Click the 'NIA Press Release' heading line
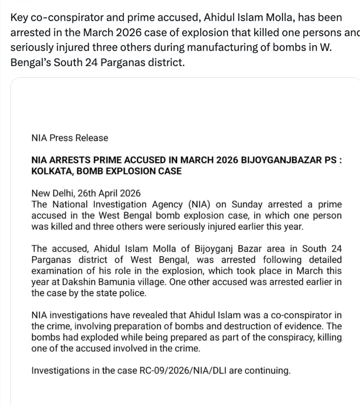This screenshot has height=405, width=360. coord(70,138)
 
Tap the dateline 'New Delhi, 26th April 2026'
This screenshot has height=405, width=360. coord(86,193)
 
